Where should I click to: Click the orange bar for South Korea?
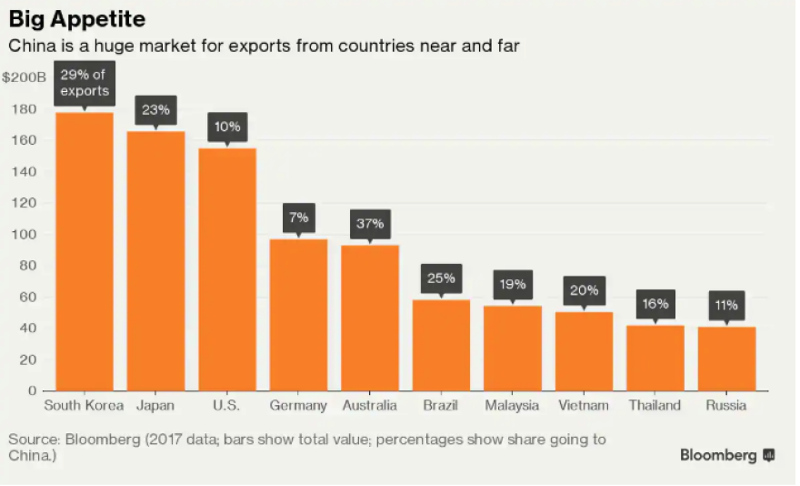coord(85,251)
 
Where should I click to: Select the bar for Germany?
coord(298,315)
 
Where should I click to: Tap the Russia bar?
coord(726,359)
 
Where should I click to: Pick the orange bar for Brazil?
coord(441,345)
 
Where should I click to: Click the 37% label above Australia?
coord(369,223)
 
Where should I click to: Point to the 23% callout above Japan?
coord(155,111)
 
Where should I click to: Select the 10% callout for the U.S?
coord(226,127)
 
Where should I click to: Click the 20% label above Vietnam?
coord(584,290)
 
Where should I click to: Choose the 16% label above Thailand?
coord(655,303)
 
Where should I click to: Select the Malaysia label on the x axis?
coord(512,406)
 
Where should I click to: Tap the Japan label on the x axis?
coord(155,406)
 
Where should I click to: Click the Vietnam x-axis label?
coord(584,406)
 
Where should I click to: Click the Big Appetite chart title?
coord(76,18)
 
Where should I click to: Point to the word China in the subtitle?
coord(29,45)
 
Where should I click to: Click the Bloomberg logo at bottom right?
coord(727,455)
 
